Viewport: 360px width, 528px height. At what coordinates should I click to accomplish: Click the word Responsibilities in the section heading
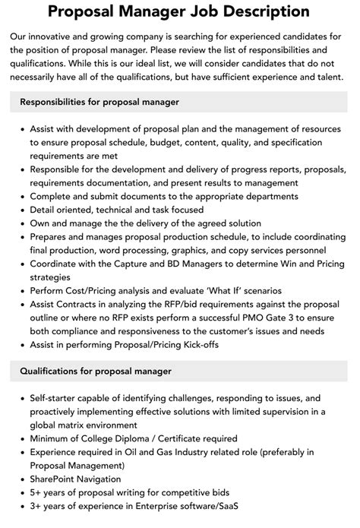(57, 101)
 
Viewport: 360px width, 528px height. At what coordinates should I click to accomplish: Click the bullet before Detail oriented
(21, 210)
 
